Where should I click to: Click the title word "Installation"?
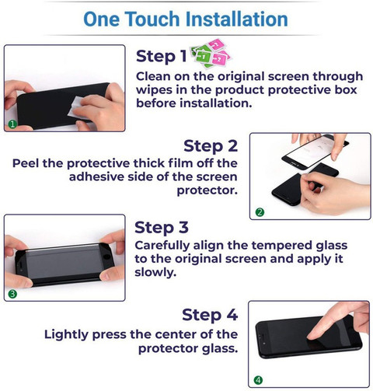236,19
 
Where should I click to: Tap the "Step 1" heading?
161,56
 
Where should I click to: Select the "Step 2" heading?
211,146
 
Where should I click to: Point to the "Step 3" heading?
162,228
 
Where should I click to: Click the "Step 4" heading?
210,315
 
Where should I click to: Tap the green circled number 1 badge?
12,124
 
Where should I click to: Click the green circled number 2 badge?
260,212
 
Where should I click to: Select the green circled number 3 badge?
12,294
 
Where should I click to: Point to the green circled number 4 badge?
258,380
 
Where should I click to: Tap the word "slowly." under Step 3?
155,272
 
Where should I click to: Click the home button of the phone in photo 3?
106,257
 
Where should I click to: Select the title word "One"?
102,19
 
